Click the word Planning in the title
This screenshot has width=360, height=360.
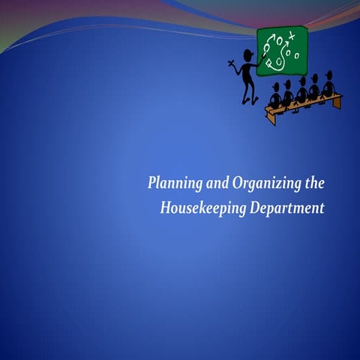pyautogui.click(x=169, y=184)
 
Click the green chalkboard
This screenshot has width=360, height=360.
pyautogui.click(x=282, y=50)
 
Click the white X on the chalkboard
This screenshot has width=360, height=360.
pyautogui.click(x=292, y=35)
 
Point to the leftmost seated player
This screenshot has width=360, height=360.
pyautogui.click(x=275, y=96)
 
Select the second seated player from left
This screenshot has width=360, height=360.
pyautogui.click(x=288, y=94)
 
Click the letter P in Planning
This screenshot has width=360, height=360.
pyautogui.click(x=152, y=184)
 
